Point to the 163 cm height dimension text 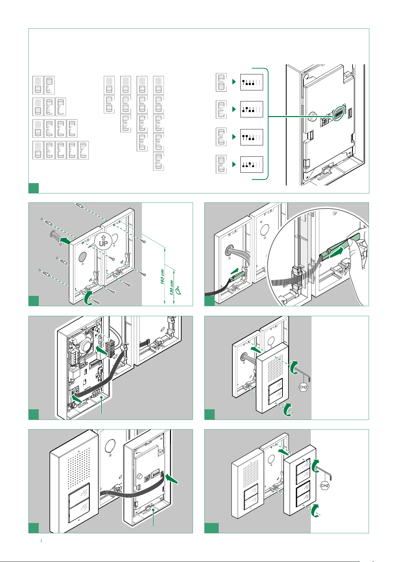pyautogui.click(x=162, y=275)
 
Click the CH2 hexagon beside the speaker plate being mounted pyautogui.click(x=303, y=387)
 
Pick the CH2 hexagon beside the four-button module pyautogui.click(x=325, y=485)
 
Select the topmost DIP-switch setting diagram pyautogui.click(x=251, y=82)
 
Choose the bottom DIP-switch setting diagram pyautogui.click(x=251, y=164)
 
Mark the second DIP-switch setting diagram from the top pyautogui.click(x=251, y=109)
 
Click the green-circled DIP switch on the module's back pyautogui.click(x=339, y=113)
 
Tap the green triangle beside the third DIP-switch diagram pyautogui.click(x=234, y=137)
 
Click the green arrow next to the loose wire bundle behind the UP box pyautogui.click(x=64, y=239)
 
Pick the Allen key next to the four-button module pyautogui.click(x=325, y=471)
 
